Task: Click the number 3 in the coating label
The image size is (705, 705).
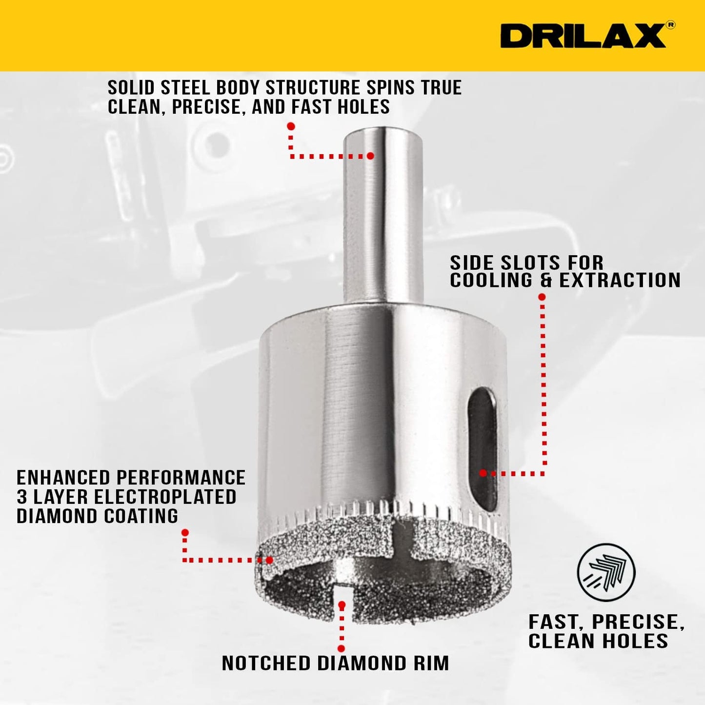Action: (22, 497)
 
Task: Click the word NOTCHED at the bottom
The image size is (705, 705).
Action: (266, 663)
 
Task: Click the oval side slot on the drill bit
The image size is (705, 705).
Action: (482, 449)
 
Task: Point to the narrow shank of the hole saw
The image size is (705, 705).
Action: (383, 215)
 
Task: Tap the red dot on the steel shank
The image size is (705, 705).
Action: (370, 156)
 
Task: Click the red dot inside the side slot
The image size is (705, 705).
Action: (483, 473)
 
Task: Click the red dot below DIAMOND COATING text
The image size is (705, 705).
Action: (185, 532)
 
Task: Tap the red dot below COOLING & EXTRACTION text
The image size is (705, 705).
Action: (542, 297)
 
